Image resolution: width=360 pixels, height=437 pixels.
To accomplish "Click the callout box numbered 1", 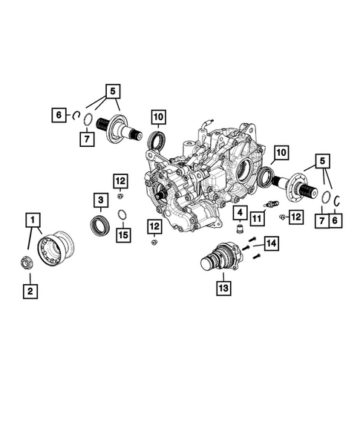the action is click(33, 220).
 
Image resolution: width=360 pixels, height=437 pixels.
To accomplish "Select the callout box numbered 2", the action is click(30, 292).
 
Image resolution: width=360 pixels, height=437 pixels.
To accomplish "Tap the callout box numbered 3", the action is click(101, 200).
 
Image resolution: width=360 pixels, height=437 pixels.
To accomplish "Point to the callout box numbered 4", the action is click(240, 213).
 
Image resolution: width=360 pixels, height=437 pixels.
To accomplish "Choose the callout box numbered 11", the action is click(257, 218).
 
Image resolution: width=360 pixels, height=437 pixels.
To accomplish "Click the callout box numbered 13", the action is click(223, 288).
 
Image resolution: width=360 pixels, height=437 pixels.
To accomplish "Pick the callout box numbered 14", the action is click(272, 243).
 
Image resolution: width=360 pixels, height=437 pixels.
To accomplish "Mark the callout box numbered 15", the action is click(123, 235).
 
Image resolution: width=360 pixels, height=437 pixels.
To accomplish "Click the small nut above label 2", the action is click(27, 262).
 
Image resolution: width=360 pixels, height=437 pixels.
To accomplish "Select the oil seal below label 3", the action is click(99, 226).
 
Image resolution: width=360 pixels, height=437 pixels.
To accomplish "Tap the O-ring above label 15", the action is click(122, 214).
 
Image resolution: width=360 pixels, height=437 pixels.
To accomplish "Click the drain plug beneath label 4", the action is click(240, 229).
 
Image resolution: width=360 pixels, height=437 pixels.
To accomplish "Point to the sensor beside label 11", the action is click(272, 204).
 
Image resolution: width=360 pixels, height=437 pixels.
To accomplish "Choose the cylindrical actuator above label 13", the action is click(220, 257).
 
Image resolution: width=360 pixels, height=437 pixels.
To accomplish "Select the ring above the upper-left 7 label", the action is click(88, 120).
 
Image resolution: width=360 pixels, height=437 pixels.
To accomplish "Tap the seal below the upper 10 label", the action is click(157, 139).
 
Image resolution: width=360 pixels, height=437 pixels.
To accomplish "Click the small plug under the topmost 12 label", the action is click(120, 196).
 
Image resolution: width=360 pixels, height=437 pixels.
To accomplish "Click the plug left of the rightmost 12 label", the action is click(282, 217).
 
